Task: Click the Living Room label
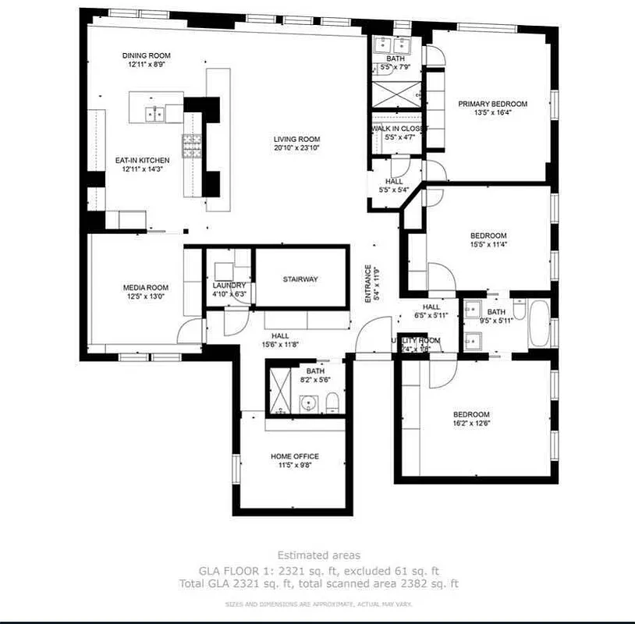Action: (296, 139)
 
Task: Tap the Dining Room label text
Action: (146, 55)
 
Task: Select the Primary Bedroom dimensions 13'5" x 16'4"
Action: (492, 112)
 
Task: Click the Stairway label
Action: (300, 279)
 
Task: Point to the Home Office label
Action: (294, 456)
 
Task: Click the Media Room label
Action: (145, 288)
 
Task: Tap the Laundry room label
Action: (229, 285)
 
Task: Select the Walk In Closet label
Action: (398, 128)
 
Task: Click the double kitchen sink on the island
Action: (154, 114)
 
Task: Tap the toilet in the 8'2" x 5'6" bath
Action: (331, 402)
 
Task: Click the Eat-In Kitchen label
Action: (142, 160)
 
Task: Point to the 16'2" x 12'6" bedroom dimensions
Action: (471, 424)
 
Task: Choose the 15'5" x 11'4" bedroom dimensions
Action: (488, 244)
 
